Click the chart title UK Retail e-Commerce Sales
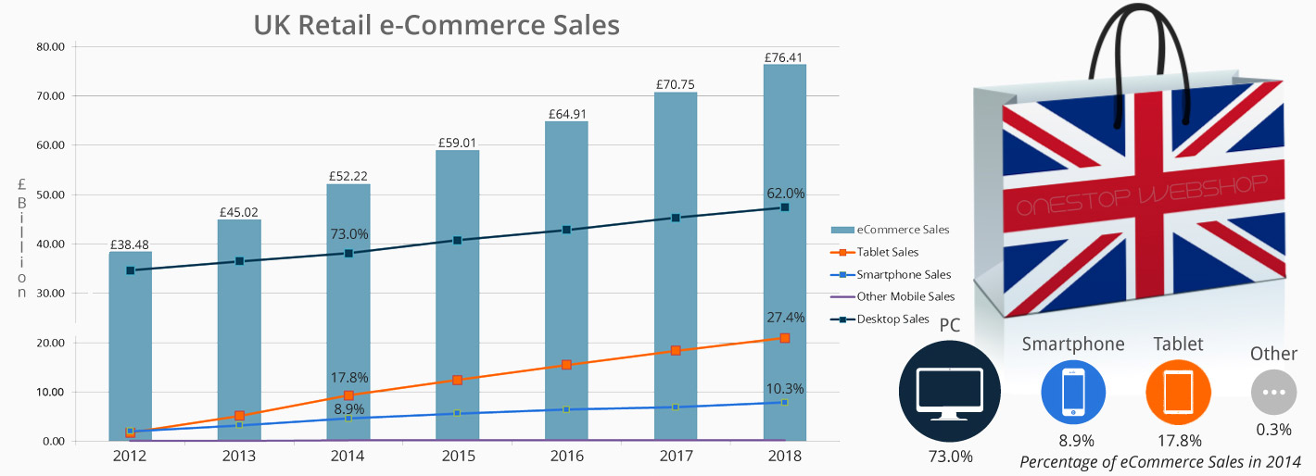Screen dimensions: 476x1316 click(437, 24)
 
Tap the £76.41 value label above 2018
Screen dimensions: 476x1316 click(784, 56)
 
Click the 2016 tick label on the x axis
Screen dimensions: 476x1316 click(566, 456)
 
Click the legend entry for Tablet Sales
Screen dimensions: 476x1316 click(888, 252)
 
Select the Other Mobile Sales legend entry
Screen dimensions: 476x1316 click(905, 296)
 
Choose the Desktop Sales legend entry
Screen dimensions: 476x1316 click(892, 319)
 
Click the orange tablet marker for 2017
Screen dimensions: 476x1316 click(676, 350)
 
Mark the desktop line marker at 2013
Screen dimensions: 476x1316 click(239, 261)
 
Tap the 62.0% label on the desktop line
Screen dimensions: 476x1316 click(786, 194)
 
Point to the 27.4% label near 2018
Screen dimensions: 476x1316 click(786, 318)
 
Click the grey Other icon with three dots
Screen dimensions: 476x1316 click(1273, 392)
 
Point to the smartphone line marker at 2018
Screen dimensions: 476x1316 click(784, 402)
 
